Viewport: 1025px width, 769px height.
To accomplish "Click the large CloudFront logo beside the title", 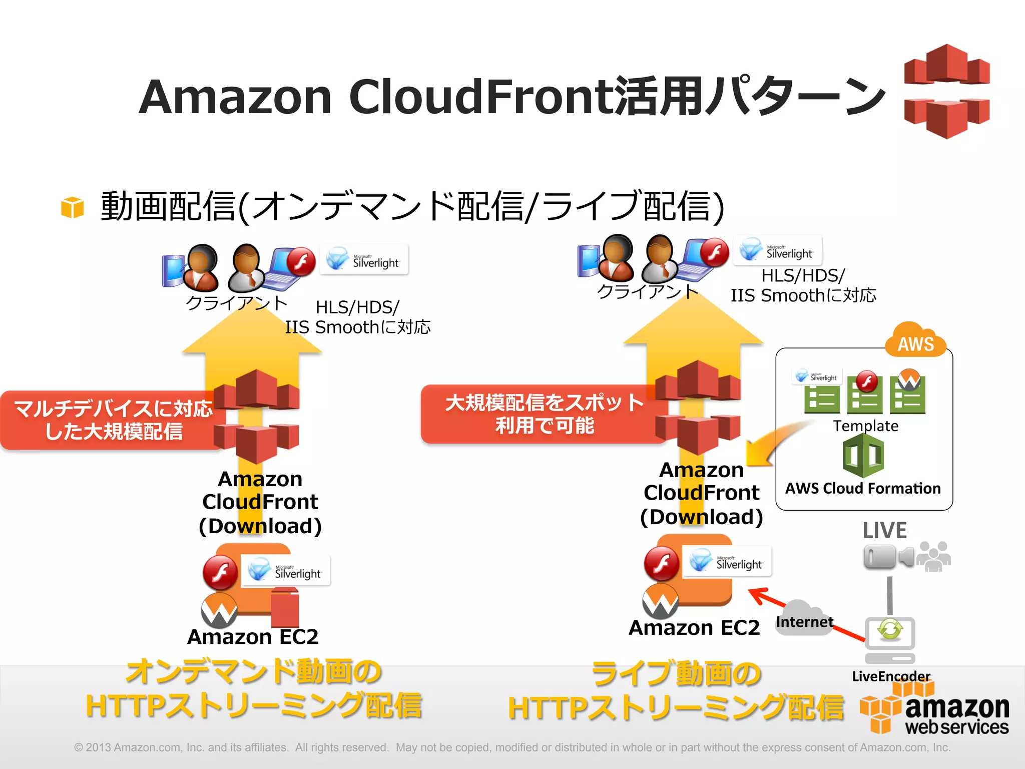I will [x=946, y=91].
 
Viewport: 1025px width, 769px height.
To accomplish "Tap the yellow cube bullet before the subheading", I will [x=72, y=207].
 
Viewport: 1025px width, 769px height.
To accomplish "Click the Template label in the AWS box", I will [x=865, y=426].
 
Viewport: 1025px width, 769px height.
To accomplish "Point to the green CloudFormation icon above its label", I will [x=863, y=455].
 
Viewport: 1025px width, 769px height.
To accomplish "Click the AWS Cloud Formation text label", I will [x=863, y=488].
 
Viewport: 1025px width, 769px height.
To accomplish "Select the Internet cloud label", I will [x=804, y=621].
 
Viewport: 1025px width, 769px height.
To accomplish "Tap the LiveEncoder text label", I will [x=891, y=676].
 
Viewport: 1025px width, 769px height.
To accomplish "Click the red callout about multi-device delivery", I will [x=113, y=420].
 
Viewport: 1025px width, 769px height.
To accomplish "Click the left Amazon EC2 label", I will [x=253, y=637].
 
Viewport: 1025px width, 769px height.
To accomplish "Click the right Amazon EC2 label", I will [x=694, y=628].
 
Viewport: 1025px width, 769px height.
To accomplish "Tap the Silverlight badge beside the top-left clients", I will [x=364, y=260].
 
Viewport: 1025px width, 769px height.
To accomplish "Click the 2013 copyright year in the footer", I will [x=98, y=747].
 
